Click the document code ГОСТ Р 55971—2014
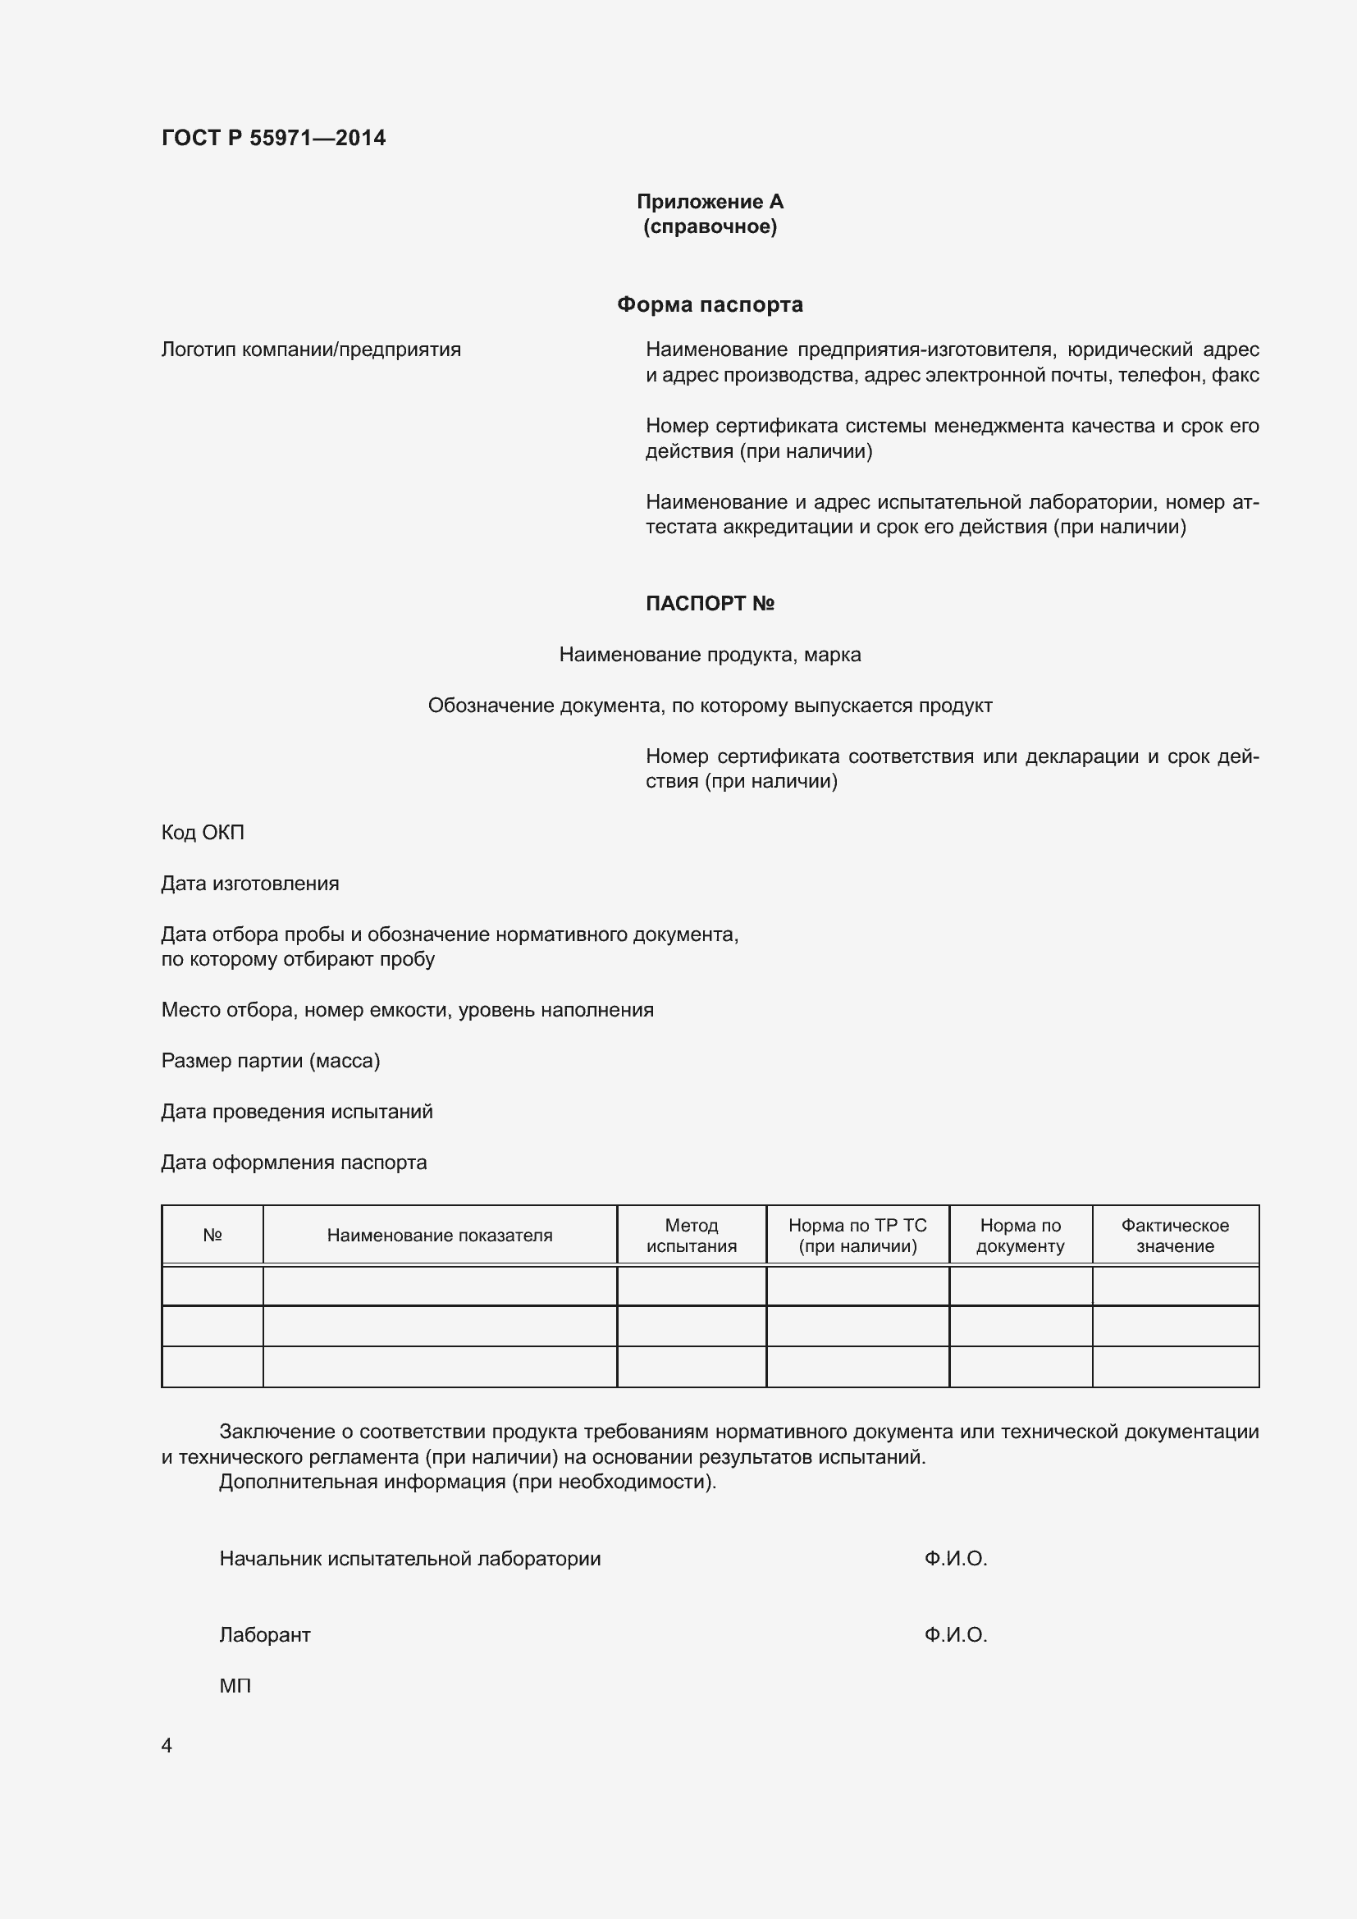pos(273,138)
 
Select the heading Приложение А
pos(710,202)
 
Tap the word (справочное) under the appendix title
pos(710,226)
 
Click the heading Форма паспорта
pos(710,304)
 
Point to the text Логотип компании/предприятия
pos(311,350)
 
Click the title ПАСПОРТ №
pos(710,604)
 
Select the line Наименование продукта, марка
pos(710,655)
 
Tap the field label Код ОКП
pos(202,833)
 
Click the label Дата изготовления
pos(250,884)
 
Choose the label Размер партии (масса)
pos(270,1061)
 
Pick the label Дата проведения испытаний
pos(297,1112)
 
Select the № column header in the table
pos(212,1236)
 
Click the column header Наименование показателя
pos(440,1236)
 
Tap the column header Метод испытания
pos(691,1236)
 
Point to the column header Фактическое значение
pos(1175,1236)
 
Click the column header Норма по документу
pos(1021,1236)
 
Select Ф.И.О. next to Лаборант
pos(955,1635)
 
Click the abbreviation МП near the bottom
pos(235,1686)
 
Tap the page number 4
pos(167,1746)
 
